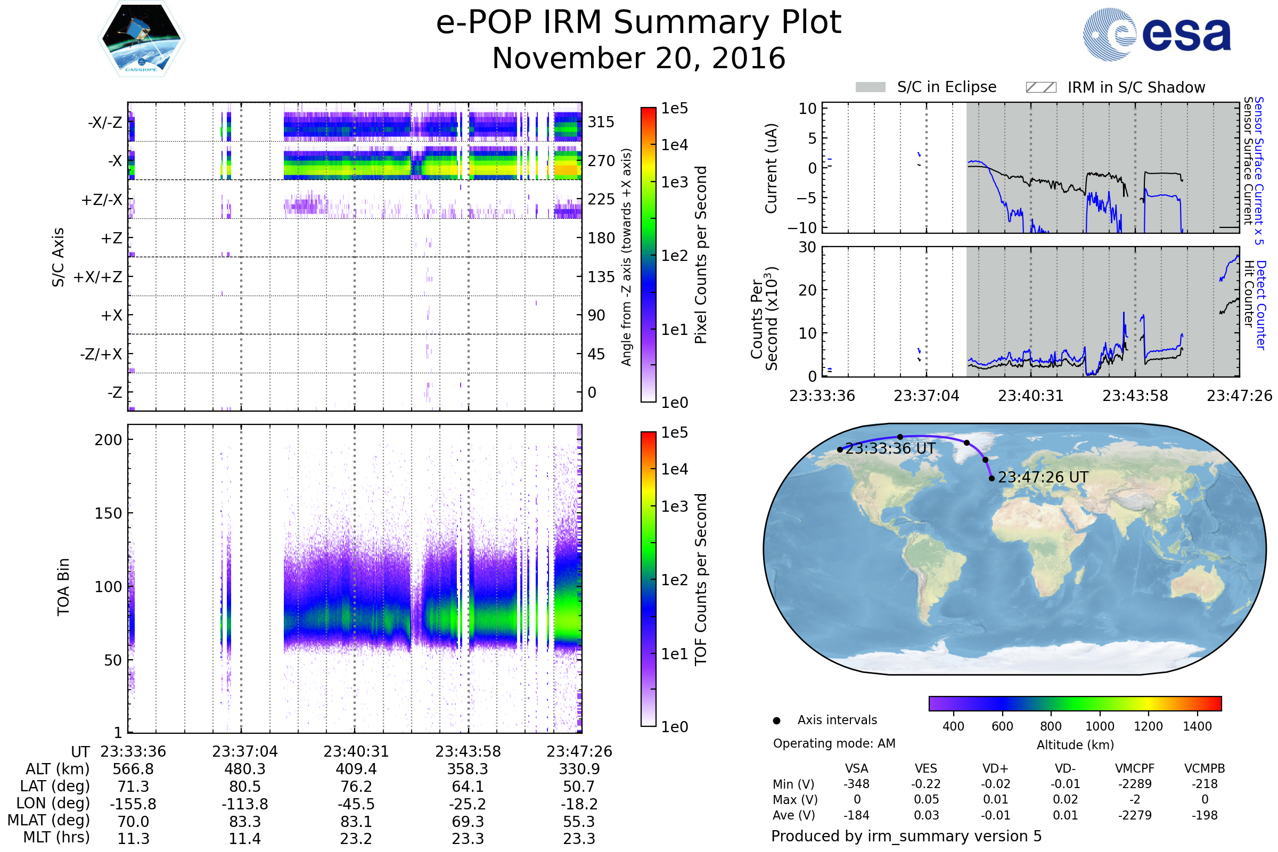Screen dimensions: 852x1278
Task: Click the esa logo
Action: [1157, 34]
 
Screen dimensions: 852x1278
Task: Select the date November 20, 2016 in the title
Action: [638, 59]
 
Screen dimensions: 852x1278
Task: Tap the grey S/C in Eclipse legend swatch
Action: [870, 87]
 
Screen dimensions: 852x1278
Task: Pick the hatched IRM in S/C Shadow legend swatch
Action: [1041, 87]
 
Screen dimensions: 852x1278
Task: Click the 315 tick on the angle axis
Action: [601, 122]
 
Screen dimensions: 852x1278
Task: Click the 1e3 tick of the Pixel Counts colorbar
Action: [674, 182]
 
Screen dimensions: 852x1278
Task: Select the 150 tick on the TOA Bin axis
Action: [108, 513]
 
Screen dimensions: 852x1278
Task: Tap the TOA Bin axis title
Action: [63, 587]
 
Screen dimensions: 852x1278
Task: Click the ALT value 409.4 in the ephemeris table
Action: [356, 769]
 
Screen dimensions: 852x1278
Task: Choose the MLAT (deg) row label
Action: [48, 820]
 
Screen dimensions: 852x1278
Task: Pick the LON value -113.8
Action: [244, 804]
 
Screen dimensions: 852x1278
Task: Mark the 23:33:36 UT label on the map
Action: [890, 449]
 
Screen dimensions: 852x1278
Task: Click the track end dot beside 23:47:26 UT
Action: [992, 478]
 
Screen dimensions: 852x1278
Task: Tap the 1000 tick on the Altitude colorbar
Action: [1100, 726]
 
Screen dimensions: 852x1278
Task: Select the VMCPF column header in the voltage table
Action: [1135, 768]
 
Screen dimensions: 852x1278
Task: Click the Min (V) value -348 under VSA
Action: [856, 784]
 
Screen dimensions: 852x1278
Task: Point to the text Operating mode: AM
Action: [834, 743]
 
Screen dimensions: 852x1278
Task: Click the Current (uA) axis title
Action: [771, 168]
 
